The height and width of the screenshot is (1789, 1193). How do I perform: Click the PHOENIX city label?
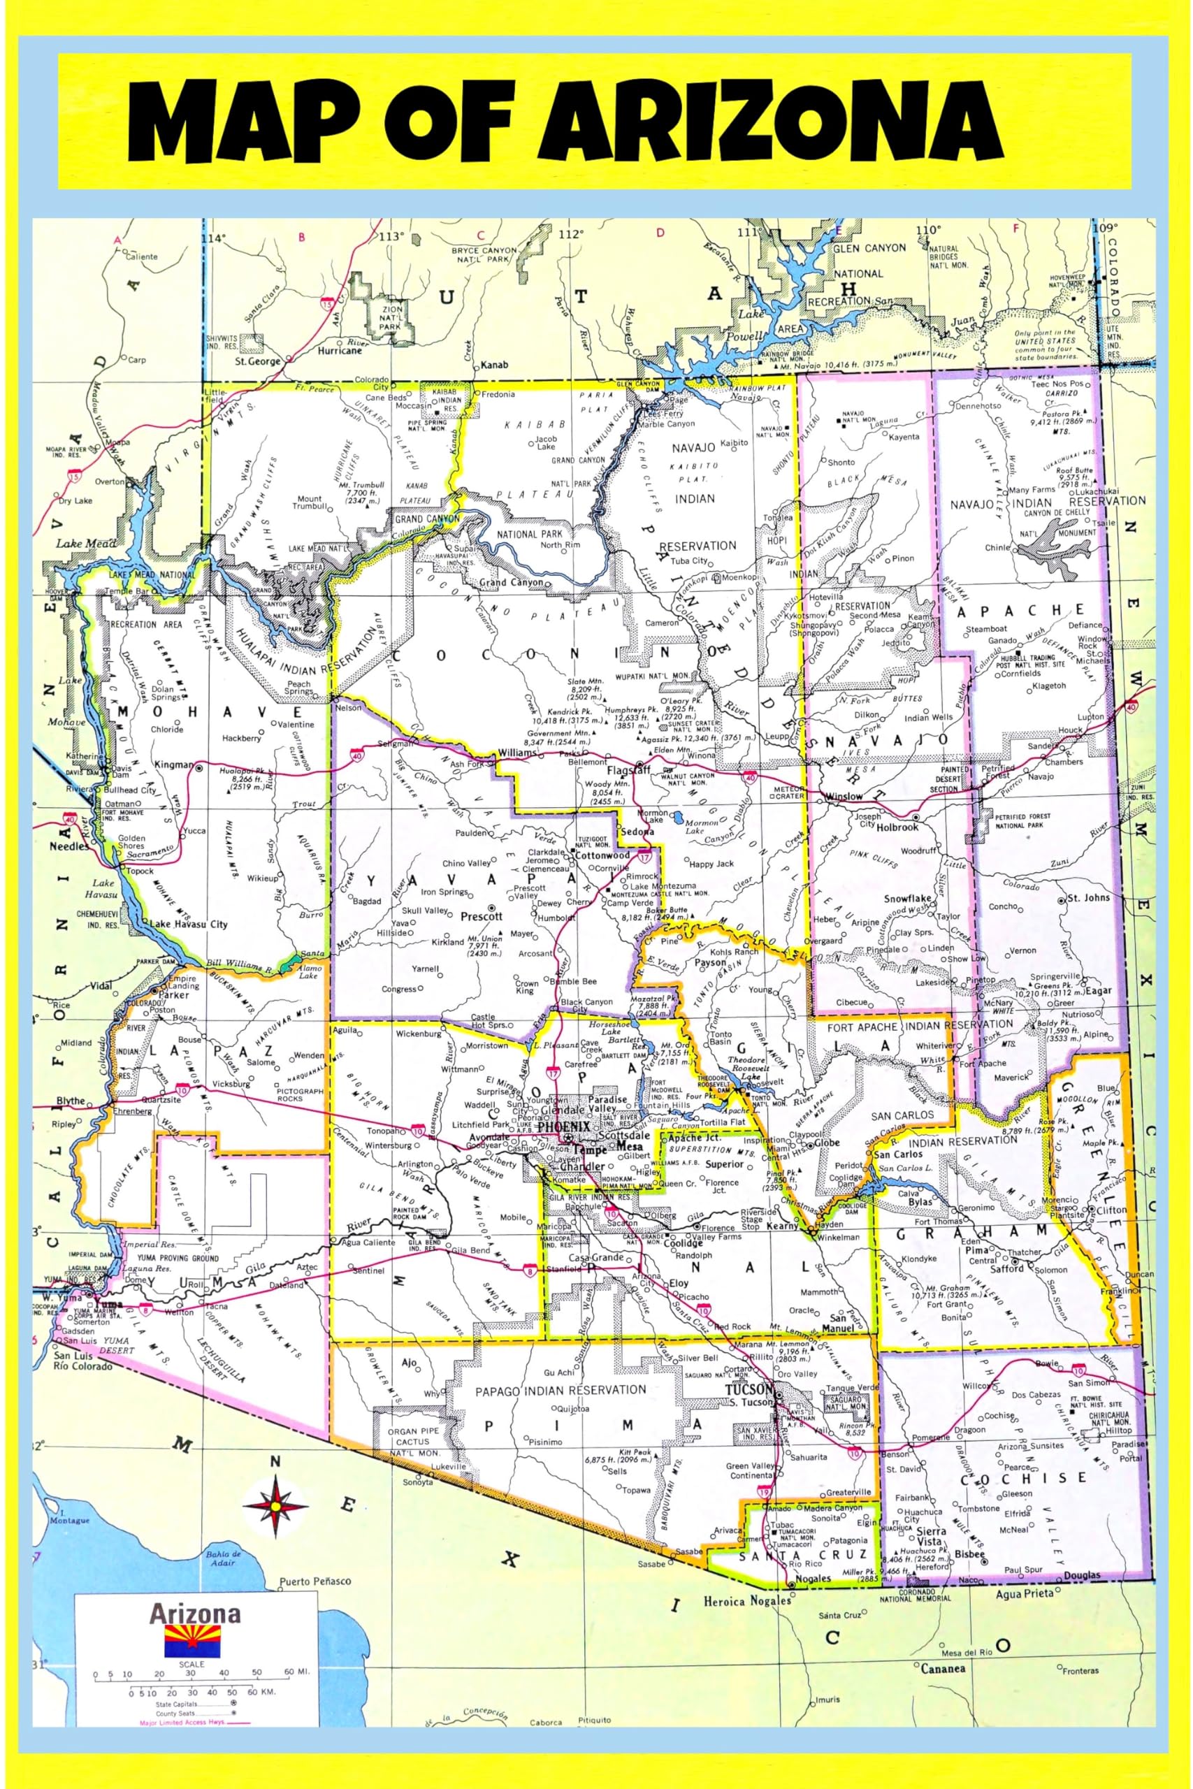(x=563, y=1126)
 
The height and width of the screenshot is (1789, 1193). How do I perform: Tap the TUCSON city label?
(x=749, y=1389)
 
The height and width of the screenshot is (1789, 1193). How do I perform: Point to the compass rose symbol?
(x=275, y=1505)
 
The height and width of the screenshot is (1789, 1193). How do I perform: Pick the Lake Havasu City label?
(x=188, y=924)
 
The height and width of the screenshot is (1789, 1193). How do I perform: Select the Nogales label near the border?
(x=813, y=1579)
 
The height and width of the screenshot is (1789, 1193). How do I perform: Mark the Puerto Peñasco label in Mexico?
(x=315, y=1581)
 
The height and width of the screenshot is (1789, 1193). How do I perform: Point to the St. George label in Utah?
(x=257, y=361)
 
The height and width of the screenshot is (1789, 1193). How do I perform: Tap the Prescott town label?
(x=482, y=917)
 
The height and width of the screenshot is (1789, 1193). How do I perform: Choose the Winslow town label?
(x=843, y=797)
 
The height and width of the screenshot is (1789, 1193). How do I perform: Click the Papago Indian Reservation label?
(x=560, y=1391)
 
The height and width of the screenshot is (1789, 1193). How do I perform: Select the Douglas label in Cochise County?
(x=1082, y=1575)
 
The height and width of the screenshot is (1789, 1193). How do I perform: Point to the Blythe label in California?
(x=71, y=1101)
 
